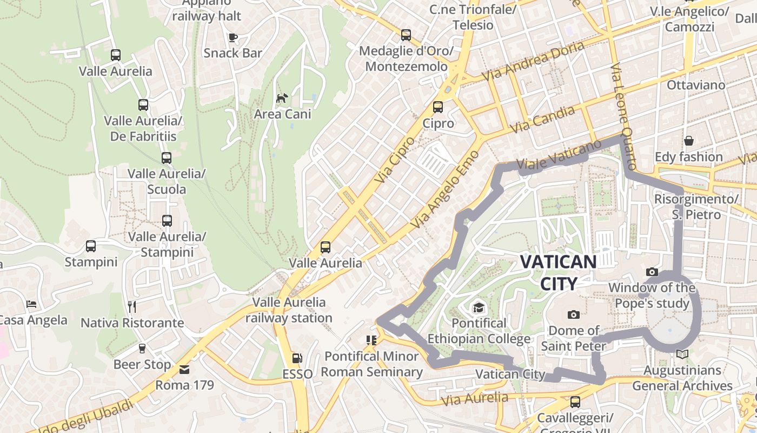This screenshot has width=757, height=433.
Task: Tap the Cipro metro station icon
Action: [438, 107]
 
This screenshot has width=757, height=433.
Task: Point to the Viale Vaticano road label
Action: [559, 155]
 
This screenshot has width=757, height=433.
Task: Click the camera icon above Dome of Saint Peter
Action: [574, 314]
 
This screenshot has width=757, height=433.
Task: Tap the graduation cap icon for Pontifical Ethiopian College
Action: [479, 309]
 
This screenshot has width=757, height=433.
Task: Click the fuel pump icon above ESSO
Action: [297, 358]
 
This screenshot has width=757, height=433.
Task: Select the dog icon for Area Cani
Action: [282, 98]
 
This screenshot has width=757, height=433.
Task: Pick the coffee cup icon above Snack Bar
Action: [233, 37]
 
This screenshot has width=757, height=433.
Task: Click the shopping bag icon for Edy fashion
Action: [689, 141]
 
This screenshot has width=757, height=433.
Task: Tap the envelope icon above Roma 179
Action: [184, 370]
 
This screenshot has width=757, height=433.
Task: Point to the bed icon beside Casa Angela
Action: [32, 304]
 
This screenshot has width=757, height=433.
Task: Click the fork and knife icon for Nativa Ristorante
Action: [132, 307]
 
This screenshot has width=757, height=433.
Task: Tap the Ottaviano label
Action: [696, 85]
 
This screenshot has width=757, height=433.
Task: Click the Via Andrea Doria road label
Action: [533, 61]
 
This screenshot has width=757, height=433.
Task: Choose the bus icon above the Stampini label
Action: [91, 246]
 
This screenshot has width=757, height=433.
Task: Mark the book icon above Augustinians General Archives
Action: [682, 355]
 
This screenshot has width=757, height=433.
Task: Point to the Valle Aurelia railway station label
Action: [289, 310]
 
